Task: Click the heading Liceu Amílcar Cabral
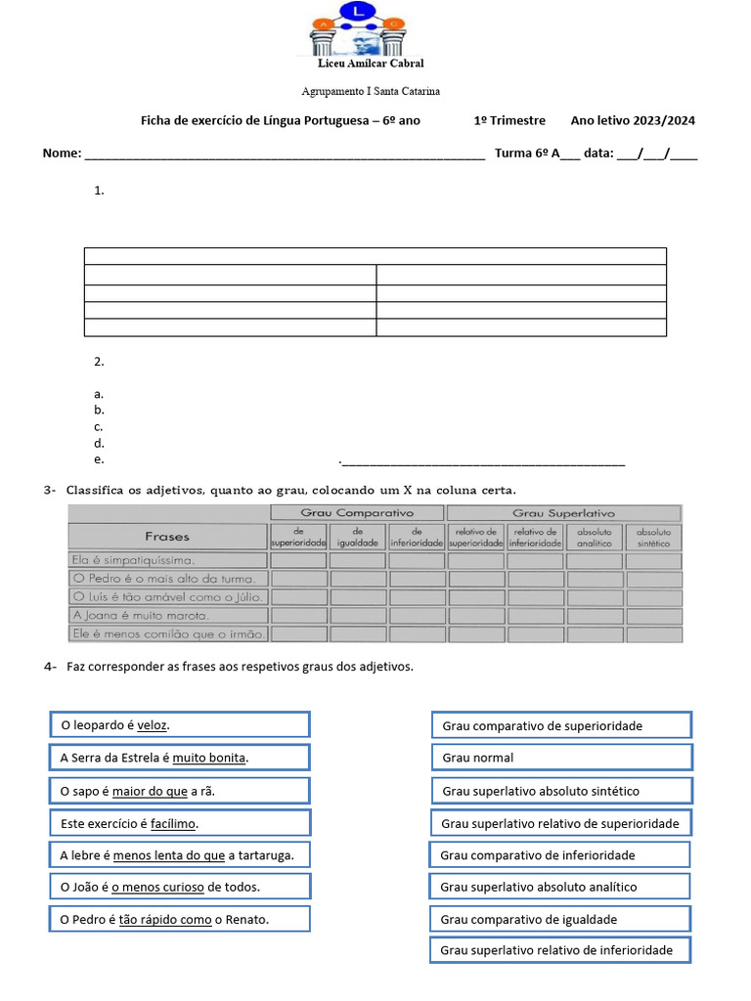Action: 372,65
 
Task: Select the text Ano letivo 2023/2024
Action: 633,120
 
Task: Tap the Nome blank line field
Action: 285,153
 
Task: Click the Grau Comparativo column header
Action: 357,513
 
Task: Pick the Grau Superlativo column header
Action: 563,513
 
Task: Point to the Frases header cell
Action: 167,536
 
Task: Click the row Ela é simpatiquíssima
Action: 167,560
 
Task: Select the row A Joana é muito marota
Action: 167,615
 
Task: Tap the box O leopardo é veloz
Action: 180,724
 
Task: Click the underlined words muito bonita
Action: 210,758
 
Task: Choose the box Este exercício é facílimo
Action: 180,823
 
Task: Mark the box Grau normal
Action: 561,758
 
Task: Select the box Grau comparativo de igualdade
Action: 560,919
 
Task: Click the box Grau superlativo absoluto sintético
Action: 561,791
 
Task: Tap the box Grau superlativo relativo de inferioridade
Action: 560,950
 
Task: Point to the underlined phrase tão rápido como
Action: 165,920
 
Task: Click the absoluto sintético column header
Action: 653,537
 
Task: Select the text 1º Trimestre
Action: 509,120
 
